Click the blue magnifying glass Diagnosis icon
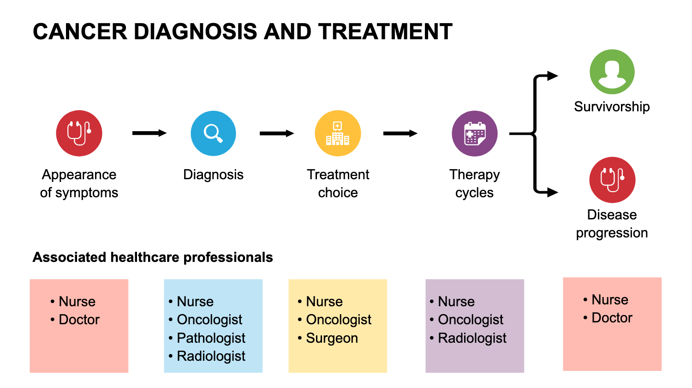pyautogui.click(x=213, y=133)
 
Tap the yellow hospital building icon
pyautogui.click(x=338, y=133)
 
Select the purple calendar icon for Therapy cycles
pyautogui.click(x=474, y=133)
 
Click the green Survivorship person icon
pyautogui.click(x=612, y=72)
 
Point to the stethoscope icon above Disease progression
pyautogui.click(x=612, y=180)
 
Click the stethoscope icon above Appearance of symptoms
pyautogui.click(x=79, y=133)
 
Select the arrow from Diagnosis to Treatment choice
pyautogui.click(x=276, y=133)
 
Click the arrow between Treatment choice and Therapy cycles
pyautogui.click(x=400, y=133)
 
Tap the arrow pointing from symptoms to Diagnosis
pyautogui.click(x=149, y=133)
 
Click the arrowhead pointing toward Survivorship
pyautogui.click(x=552, y=76)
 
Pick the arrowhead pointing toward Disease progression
pyautogui.click(x=552, y=192)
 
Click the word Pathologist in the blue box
pyautogui.click(x=211, y=338)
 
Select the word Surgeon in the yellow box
pyautogui.click(x=332, y=338)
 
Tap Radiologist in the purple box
pyautogui.click(x=472, y=338)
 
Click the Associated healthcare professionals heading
pyautogui.click(x=153, y=257)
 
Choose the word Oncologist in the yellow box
pyautogui.click(x=339, y=320)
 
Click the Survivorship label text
pyautogui.click(x=612, y=107)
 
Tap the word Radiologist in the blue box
pyautogui.click(x=211, y=356)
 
